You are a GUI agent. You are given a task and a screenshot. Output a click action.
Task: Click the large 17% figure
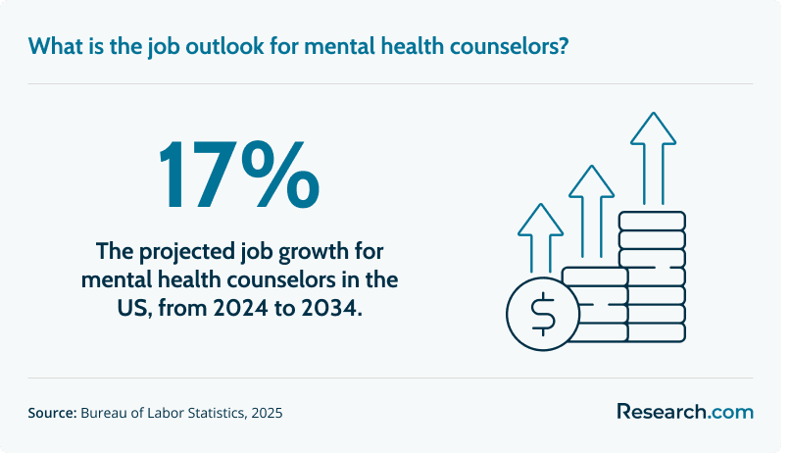click(x=239, y=175)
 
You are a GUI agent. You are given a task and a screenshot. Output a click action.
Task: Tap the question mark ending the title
click(x=563, y=46)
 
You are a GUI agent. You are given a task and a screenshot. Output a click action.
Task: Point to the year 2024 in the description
click(x=241, y=308)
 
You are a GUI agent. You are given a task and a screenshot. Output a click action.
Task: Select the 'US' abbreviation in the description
click(x=134, y=308)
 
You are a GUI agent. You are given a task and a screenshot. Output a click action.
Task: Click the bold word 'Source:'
click(x=52, y=413)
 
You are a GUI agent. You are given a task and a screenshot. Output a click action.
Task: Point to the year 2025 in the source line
click(x=267, y=413)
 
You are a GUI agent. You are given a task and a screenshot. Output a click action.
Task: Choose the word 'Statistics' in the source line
click(x=218, y=413)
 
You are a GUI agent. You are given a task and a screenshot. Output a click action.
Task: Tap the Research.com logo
click(x=685, y=412)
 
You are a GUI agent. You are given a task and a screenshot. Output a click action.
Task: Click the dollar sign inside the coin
click(x=543, y=315)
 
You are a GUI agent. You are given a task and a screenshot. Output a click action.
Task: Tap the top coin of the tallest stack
click(x=653, y=222)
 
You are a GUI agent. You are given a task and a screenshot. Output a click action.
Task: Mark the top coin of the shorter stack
click(x=595, y=277)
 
